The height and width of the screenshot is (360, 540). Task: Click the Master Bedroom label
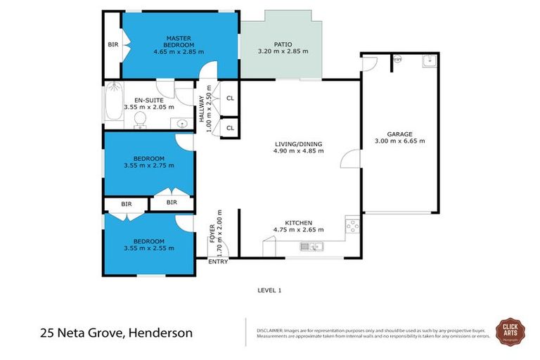tap(179, 39)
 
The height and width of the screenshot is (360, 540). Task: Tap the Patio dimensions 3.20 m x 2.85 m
tap(284, 51)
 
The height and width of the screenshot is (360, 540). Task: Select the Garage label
tap(399, 134)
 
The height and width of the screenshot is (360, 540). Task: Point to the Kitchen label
tap(298, 222)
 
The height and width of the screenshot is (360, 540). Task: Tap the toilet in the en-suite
tap(139, 122)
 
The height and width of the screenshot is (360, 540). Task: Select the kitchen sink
tap(310, 246)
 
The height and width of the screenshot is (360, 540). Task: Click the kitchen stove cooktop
tap(352, 226)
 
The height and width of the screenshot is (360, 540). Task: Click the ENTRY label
tap(217, 262)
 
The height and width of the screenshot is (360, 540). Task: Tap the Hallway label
tap(201, 109)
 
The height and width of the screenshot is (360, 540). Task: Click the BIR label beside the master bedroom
tap(113, 44)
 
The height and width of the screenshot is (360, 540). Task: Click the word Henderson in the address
tap(159, 333)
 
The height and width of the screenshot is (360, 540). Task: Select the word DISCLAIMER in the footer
tap(269, 329)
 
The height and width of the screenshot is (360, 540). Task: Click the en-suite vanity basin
tap(182, 124)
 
